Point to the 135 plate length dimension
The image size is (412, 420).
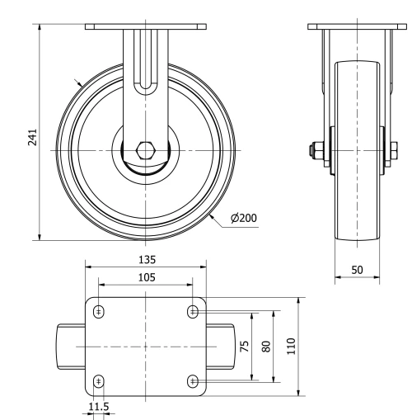pos(147,258)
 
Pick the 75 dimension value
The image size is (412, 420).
pos(244,347)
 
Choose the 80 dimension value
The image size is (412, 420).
pos(265,347)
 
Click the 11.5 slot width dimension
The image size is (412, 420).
pos(98,407)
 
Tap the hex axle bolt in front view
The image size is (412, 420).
pos(146,151)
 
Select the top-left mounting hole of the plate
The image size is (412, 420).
pos(100,311)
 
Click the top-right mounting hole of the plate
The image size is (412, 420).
pos(194,311)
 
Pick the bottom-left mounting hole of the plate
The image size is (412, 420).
pos(100,380)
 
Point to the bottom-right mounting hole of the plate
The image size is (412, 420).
pos(194,380)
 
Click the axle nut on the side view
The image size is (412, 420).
pos(316,151)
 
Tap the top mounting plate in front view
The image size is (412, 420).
pos(146,26)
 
